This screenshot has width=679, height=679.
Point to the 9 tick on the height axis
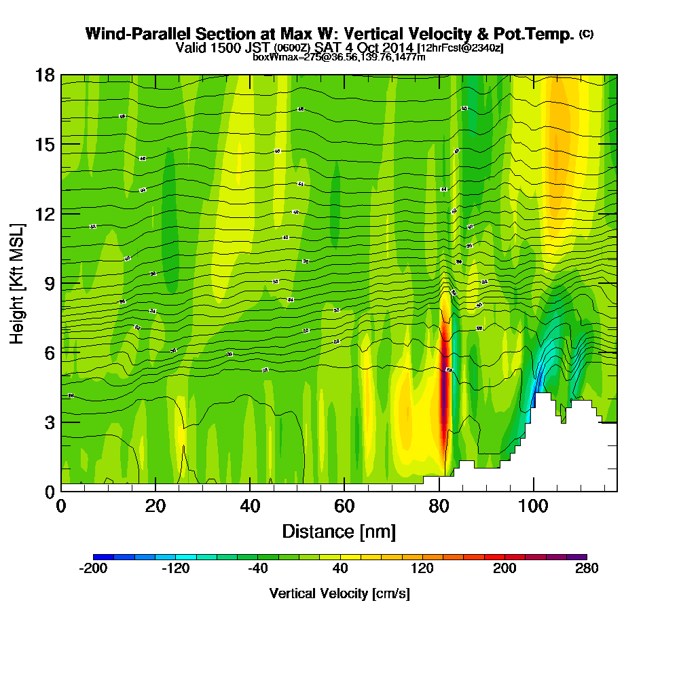click(49, 282)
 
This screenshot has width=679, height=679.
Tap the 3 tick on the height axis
click(49, 422)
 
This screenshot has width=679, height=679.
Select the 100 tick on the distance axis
click(534, 506)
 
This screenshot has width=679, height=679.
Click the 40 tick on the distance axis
click(250, 506)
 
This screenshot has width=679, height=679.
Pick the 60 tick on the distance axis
click(344, 506)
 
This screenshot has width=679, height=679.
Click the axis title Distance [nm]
click(338, 531)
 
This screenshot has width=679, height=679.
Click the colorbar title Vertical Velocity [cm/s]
click(339, 593)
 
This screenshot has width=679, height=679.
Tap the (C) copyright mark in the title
click(586, 34)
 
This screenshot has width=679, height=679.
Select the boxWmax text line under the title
click(339, 57)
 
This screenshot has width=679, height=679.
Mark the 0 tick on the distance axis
click(61, 506)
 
